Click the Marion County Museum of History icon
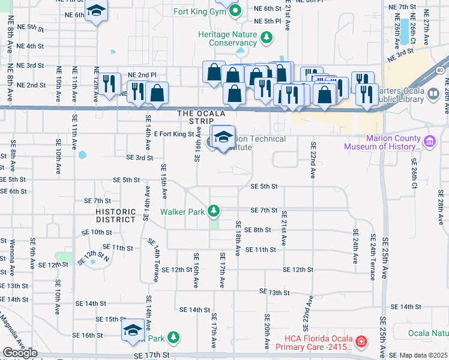pyautogui.click(x=429, y=142)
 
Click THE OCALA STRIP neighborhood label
pyautogui.click(x=200, y=117)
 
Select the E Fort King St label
pyautogui.click(x=174, y=134)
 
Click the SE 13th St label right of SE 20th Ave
pyautogui.click(x=274, y=292)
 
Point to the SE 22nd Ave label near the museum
pyautogui.click(x=313, y=161)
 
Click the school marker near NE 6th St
pyautogui.click(x=95, y=12)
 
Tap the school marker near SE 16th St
pyautogui.click(x=133, y=330)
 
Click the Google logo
pyautogui.click(x=20, y=353)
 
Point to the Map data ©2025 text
pyautogui.click(x=424, y=355)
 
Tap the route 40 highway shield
pyautogui.click(x=441, y=71)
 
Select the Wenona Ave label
pyautogui.click(x=13, y=252)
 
